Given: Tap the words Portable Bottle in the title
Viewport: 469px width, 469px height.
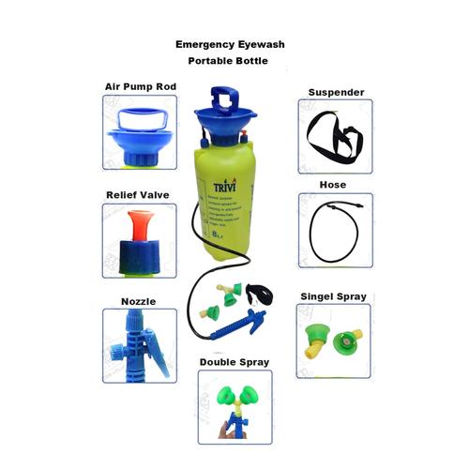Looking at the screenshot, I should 227,61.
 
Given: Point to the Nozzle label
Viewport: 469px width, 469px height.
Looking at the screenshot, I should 138,301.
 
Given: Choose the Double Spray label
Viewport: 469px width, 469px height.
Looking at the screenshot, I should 234,362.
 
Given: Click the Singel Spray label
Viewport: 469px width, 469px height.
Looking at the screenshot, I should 334,296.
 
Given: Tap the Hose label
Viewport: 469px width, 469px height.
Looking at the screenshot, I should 333,185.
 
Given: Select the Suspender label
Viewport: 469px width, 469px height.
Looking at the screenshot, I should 336,93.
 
